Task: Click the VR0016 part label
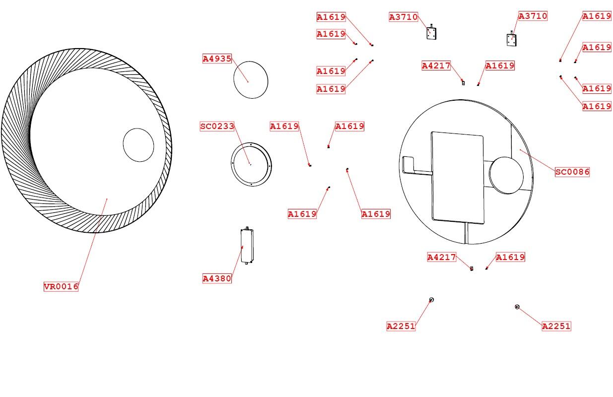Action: pyautogui.click(x=61, y=286)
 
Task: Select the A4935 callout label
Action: pyautogui.click(x=217, y=59)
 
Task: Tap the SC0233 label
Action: pyautogui.click(x=217, y=127)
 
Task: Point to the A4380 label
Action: pyautogui.click(x=217, y=278)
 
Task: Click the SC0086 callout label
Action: pyautogui.click(x=572, y=172)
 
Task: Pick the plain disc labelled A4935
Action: pyautogui.click(x=251, y=79)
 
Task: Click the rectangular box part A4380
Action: pyautogui.click(x=247, y=246)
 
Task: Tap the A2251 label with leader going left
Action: pyautogui.click(x=556, y=326)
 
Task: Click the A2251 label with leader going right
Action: pyautogui.click(x=401, y=326)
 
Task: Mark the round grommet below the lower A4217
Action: pyautogui.click(x=431, y=300)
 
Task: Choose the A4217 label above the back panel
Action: pyautogui.click(x=436, y=66)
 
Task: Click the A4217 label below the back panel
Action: pyautogui.click(x=442, y=257)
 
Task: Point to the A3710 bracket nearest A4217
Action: pyautogui.click(x=431, y=33)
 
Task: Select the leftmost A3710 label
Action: pyautogui.click(x=404, y=17)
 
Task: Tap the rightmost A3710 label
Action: pyautogui.click(x=533, y=16)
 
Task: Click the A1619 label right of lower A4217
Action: pyautogui.click(x=510, y=257)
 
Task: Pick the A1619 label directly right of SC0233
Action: pyautogui.click(x=284, y=127)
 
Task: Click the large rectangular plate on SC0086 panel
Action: pyautogui.click(x=457, y=178)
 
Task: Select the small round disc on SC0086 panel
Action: pyautogui.click(x=506, y=175)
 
